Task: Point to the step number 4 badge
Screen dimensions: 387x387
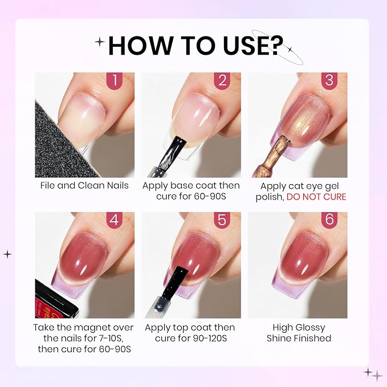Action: click(x=115, y=220)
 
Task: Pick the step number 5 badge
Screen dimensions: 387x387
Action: click(x=222, y=220)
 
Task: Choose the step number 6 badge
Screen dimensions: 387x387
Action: click(x=329, y=220)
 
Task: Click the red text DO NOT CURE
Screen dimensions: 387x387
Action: click(x=316, y=197)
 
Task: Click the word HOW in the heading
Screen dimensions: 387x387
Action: click(x=140, y=46)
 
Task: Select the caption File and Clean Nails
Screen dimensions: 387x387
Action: click(x=84, y=186)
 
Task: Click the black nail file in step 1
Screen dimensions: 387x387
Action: click(x=62, y=145)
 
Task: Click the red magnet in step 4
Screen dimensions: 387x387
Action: click(x=55, y=300)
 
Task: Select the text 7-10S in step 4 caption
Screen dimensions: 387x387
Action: click(x=111, y=339)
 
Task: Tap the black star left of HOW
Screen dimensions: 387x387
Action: click(x=100, y=42)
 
